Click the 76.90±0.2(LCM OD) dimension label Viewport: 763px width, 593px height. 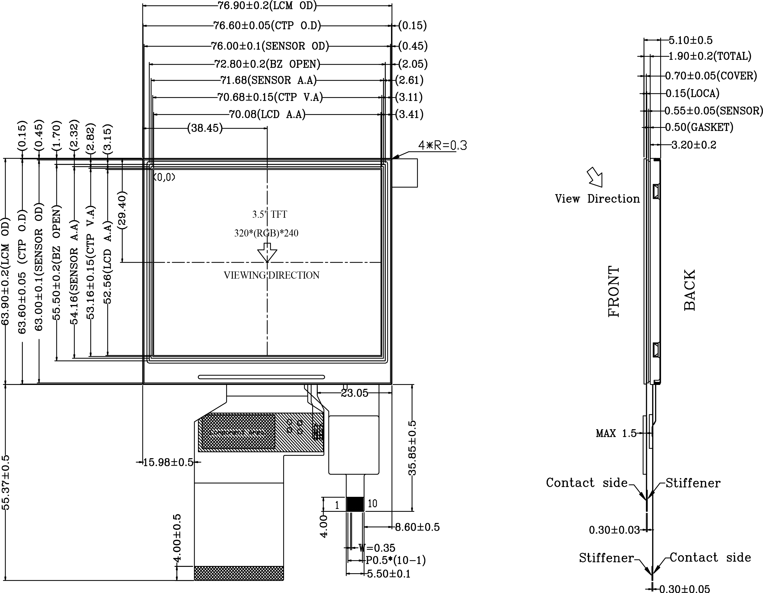[x=267, y=6]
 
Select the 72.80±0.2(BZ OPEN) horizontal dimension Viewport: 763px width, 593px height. [x=267, y=64]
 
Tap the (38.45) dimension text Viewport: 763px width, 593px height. [x=205, y=128]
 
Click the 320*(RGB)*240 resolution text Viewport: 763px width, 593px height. [x=266, y=233]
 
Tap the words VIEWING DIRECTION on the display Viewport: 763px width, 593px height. [x=271, y=275]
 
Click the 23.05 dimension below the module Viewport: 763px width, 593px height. [x=354, y=393]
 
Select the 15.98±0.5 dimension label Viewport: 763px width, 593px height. [x=168, y=462]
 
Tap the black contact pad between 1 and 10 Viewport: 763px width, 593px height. [x=355, y=504]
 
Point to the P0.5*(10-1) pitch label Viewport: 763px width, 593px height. [x=395, y=561]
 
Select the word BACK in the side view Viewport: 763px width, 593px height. [x=690, y=290]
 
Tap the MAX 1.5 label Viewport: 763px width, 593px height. [x=616, y=433]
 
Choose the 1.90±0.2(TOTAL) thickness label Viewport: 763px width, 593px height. [x=709, y=56]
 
